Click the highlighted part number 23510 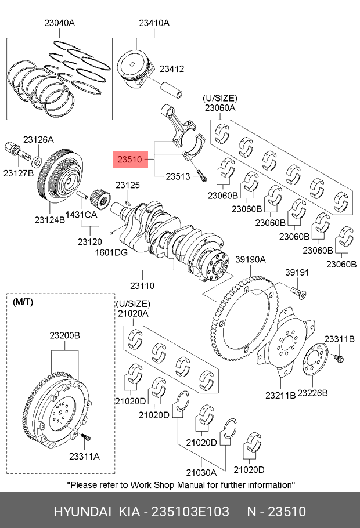129,158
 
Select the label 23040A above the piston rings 60,23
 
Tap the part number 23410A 154,23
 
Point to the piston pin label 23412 172,68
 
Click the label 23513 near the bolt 178,176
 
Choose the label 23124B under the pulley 49,219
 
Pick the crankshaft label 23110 142,285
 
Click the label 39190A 250,259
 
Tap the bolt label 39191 297,272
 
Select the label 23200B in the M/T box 64,335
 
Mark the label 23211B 280,395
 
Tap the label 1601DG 111,252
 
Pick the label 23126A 38,139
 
